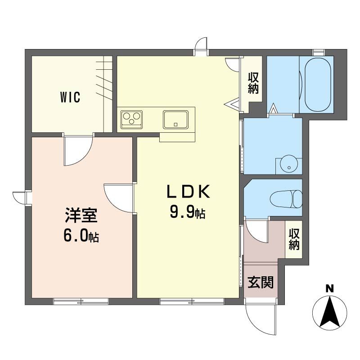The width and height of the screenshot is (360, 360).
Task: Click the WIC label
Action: click(70, 97)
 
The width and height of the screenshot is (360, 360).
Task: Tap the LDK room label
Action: click(188, 192)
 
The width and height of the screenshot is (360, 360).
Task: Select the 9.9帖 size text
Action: click(187, 211)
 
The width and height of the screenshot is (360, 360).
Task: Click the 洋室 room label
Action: click(81, 215)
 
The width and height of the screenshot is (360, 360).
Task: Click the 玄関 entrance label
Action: click(261, 282)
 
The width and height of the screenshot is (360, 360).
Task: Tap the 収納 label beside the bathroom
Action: click(253, 83)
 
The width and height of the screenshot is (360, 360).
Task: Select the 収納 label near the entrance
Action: click(294, 239)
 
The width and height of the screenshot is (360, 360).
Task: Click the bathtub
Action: click(318, 85)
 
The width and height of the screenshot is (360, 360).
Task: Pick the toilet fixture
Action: click(286, 199)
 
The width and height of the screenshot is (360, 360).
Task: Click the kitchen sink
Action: click(175, 120)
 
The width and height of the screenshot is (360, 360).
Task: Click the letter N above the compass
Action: click(330, 288)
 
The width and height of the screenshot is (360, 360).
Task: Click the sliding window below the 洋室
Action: click(81, 301)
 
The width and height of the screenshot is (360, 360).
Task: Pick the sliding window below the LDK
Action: click(192, 301)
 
